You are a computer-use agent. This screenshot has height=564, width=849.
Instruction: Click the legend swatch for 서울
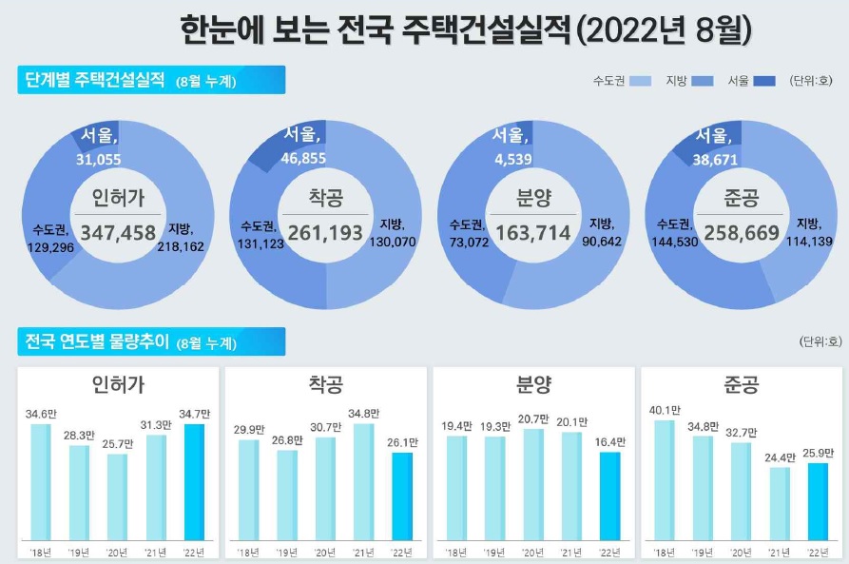point(764,81)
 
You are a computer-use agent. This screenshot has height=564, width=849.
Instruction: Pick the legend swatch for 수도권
point(639,81)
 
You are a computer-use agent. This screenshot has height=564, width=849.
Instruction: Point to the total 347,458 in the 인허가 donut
point(118,232)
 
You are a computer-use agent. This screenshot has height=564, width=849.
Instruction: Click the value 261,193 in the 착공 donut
point(325,232)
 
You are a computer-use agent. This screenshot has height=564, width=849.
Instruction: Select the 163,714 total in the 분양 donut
point(532,232)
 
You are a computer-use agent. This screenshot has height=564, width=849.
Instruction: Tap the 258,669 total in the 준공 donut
point(740,232)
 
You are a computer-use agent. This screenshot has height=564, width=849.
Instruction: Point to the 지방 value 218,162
point(185,245)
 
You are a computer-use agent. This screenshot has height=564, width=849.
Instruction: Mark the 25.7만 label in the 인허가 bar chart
point(116,443)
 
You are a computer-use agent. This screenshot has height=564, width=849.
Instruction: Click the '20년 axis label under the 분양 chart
point(532,553)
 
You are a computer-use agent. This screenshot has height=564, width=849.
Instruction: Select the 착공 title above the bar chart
point(325,384)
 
